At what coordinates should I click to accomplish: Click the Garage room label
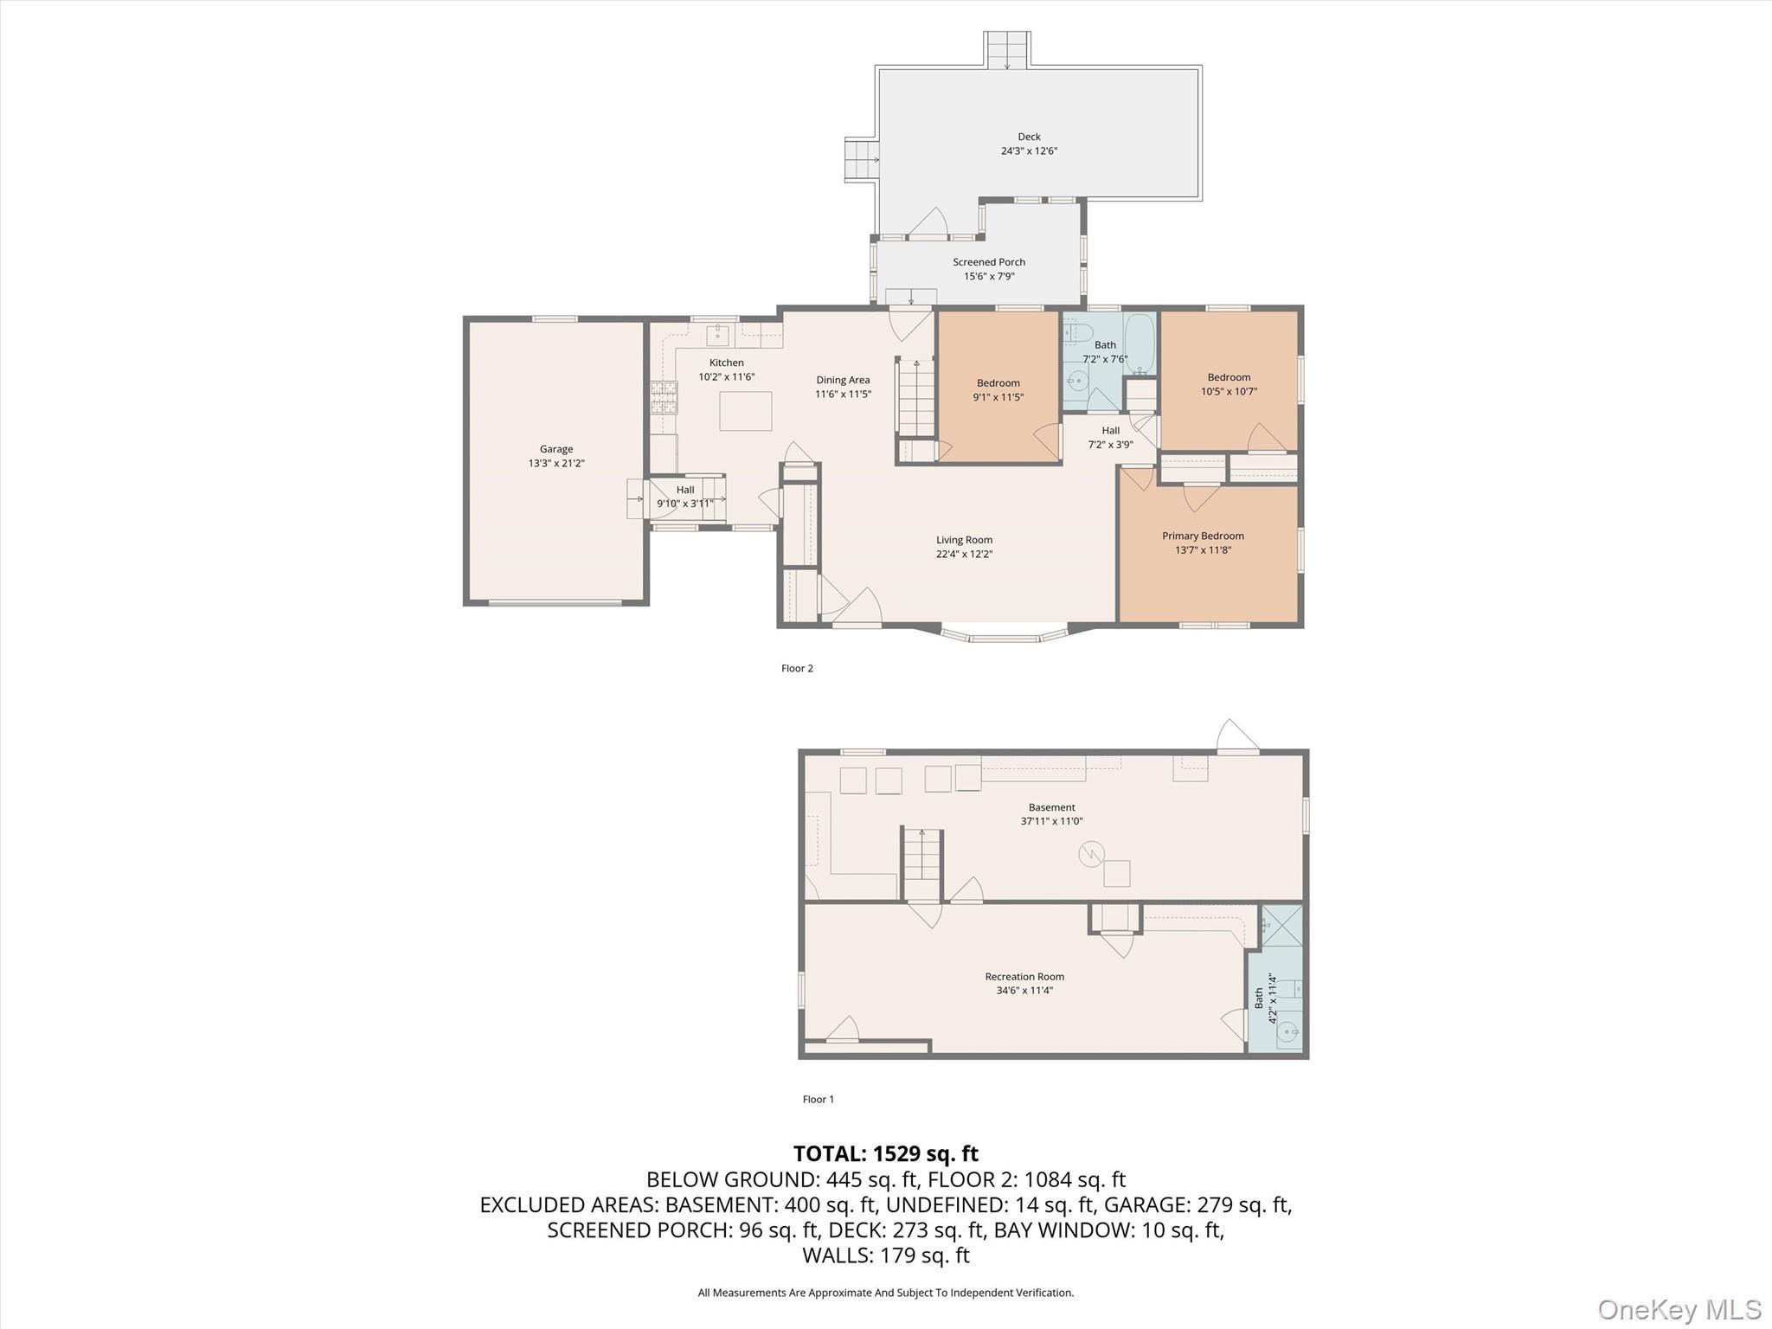(556, 449)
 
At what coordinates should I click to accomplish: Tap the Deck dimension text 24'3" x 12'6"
(1029, 151)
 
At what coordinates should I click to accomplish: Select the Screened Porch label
(989, 262)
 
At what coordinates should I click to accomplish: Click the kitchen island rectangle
(745, 411)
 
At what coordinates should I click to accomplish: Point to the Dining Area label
(843, 380)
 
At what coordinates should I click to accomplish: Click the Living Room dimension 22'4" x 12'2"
(964, 555)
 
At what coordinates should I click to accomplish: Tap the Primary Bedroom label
(1203, 536)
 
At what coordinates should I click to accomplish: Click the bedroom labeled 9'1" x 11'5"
(998, 389)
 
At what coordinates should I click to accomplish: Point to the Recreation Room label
(1024, 977)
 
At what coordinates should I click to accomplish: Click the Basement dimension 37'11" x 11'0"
(1051, 822)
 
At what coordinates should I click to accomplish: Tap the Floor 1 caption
(818, 1100)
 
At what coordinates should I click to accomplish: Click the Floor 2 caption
(797, 669)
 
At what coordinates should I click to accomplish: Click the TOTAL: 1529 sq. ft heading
(885, 1154)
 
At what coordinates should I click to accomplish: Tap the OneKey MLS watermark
(1679, 1309)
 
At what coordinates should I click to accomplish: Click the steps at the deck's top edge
(1007, 50)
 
